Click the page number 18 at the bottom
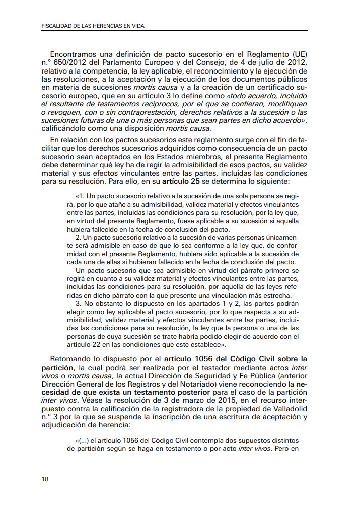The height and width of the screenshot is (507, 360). pyautogui.click(x=45, y=479)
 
